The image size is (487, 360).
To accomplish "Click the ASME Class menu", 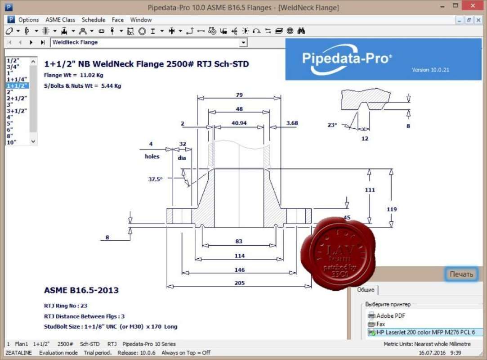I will pyautogui.click(x=60, y=20).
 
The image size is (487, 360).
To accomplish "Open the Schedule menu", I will pyautogui.click(x=94, y=20).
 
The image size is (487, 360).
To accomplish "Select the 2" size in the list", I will pyautogui.click(x=10, y=92).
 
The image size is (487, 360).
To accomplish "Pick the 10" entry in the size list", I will pyautogui.click(x=11, y=142).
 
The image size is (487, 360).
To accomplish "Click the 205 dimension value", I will pyautogui.click(x=239, y=283).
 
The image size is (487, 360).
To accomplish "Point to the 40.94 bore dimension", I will pyautogui.click(x=239, y=123).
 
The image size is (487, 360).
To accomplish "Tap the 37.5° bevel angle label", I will pyautogui.click(x=155, y=179).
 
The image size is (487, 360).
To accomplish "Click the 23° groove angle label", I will pyautogui.click(x=332, y=125).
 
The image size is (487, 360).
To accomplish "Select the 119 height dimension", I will pyautogui.click(x=392, y=209).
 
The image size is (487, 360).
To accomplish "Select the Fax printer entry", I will pyautogui.click(x=380, y=324).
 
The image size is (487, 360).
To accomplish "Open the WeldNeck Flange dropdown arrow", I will pyautogui.click(x=243, y=43).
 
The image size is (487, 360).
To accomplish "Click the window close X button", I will pyautogui.click(x=474, y=6).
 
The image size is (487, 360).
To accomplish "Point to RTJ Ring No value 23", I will pyautogui.click(x=84, y=306).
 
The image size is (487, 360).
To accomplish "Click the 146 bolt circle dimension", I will pyautogui.click(x=239, y=270).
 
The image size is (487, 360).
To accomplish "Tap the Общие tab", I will pyautogui.click(x=366, y=290).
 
